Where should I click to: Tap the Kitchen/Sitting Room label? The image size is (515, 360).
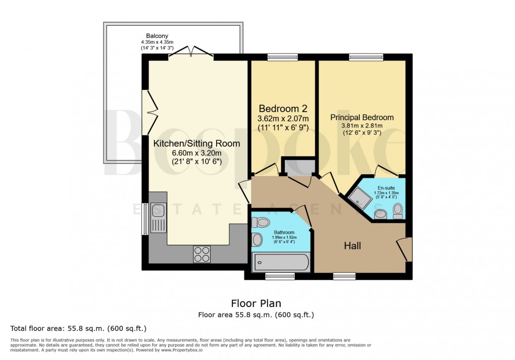[196, 144]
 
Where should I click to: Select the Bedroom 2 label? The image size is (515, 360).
[283, 109]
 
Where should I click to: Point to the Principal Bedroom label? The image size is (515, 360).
[362, 117]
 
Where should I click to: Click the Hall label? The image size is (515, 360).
[352, 246]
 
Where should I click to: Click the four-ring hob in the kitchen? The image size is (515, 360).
[202, 253]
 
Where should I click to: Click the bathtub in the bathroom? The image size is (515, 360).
[281, 263]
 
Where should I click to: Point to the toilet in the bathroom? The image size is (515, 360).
[262, 222]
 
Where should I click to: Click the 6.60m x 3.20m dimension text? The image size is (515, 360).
[196, 153]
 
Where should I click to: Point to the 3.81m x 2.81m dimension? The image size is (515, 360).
[362, 126]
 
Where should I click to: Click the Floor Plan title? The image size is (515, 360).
[256, 303]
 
